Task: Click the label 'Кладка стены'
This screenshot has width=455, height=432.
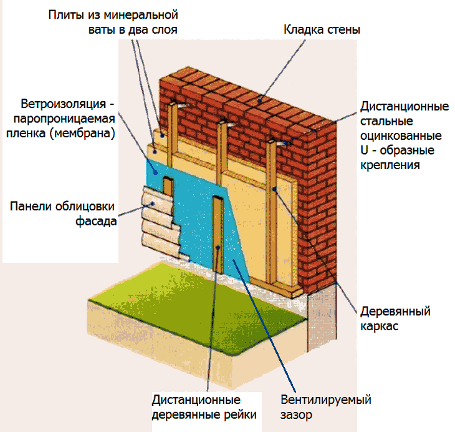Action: [322, 30]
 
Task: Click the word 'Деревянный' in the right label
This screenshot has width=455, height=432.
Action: [395, 312]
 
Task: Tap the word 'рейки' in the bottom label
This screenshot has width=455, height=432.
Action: [242, 415]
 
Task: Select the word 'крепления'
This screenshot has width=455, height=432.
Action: [390, 165]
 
